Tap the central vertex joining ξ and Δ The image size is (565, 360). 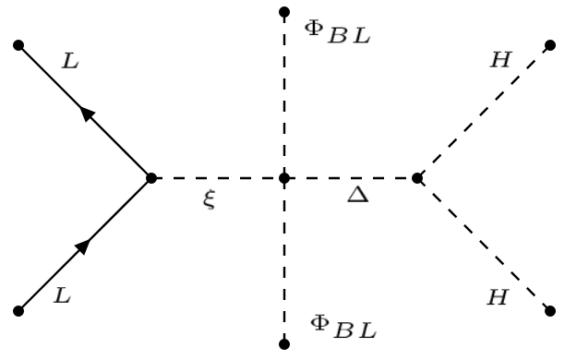coord(284,177)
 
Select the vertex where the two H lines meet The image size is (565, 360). coord(417,177)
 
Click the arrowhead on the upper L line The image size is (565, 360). coord(87,113)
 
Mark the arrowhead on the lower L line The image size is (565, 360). coord(84,245)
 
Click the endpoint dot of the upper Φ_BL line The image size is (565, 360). coord(284,13)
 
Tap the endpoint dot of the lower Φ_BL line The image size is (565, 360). coord(284,344)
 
